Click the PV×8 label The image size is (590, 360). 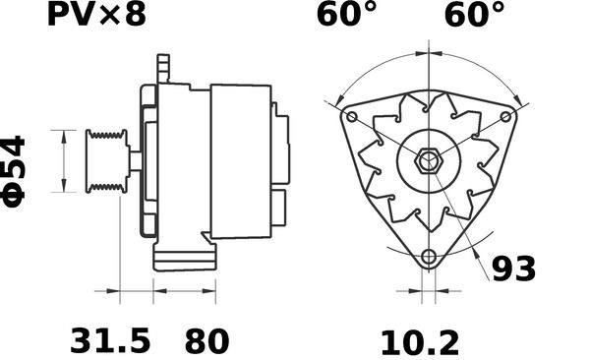(x=96, y=15)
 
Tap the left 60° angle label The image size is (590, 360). (x=346, y=15)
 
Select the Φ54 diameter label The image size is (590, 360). (x=15, y=171)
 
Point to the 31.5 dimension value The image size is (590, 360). (x=110, y=341)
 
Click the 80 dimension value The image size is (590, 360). (x=206, y=341)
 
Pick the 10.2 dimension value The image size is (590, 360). (x=420, y=343)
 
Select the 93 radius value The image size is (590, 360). (x=513, y=269)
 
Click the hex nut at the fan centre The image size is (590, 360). (x=428, y=161)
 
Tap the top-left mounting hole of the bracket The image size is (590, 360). (x=352, y=116)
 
